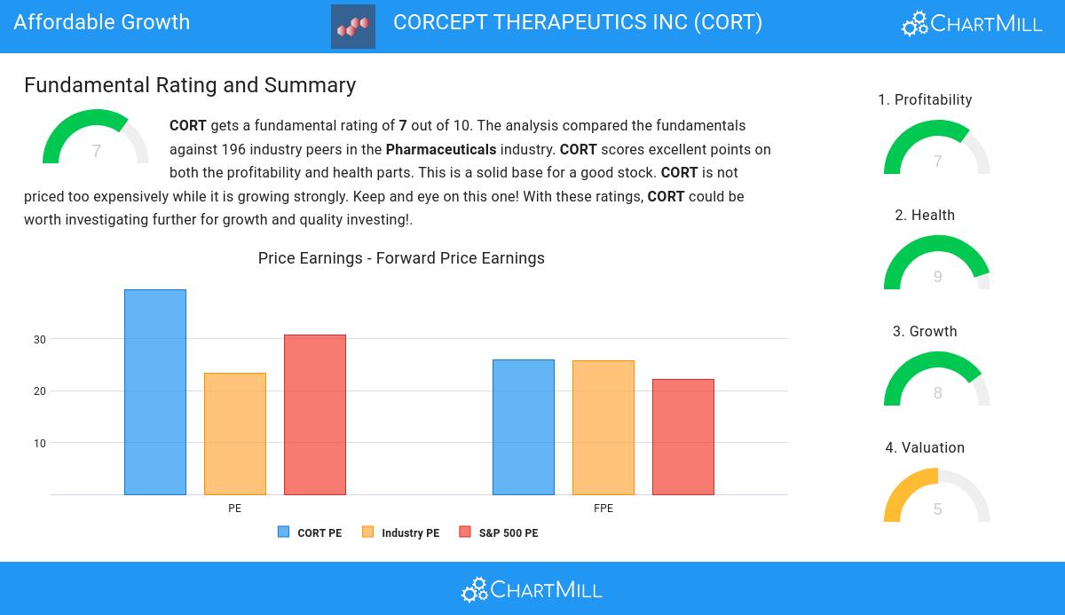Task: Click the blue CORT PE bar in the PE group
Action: pos(155,392)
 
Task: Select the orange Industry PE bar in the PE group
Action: pos(235,434)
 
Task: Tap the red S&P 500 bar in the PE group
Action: pos(315,414)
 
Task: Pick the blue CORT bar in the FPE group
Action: pos(524,427)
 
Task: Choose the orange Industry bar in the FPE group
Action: pos(603,428)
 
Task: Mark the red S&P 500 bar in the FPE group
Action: pos(683,437)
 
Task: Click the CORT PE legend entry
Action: pos(310,533)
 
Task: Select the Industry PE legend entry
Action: pos(400,533)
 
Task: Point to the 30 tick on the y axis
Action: pos(40,340)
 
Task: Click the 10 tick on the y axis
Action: pos(40,444)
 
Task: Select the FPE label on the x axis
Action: pos(603,509)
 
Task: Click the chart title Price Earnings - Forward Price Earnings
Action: pos(401,258)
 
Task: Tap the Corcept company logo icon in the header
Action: pos(353,27)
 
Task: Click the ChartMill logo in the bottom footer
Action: pos(532,589)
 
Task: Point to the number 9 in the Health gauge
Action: pos(938,277)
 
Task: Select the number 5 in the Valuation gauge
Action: pos(938,509)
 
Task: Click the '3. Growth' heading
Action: pos(925,332)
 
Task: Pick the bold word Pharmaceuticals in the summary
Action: pos(441,149)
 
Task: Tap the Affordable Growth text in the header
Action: pos(102,22)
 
